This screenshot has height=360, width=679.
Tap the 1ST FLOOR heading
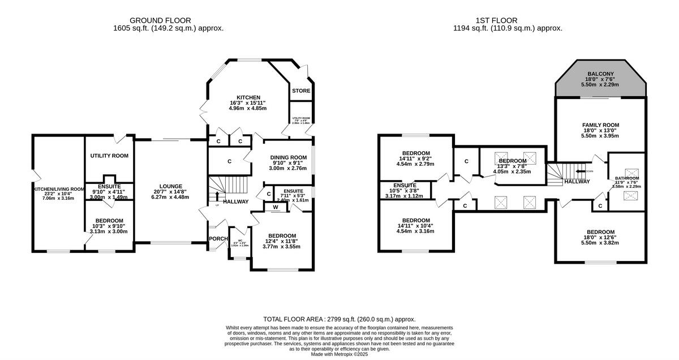(x=508, y=20)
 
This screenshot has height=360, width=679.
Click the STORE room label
(x=301, y=91)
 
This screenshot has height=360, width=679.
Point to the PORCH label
(x=218, y=238)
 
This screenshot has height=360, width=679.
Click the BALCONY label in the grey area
(x=600, y=74)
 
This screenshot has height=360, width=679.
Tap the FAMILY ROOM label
(x=600, y=125)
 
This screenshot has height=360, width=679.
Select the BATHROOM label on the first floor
(x=626, y=178)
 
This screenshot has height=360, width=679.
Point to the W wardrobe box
(x=276, y=207)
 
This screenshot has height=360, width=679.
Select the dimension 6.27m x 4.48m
(x=170, y=197)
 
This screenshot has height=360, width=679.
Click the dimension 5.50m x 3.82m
(x=600, y=243)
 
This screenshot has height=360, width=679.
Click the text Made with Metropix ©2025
(x=339, y=354)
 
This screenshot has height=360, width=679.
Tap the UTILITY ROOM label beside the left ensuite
(x=109, y=156)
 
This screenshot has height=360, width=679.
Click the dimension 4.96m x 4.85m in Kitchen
(x=248, y=108)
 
